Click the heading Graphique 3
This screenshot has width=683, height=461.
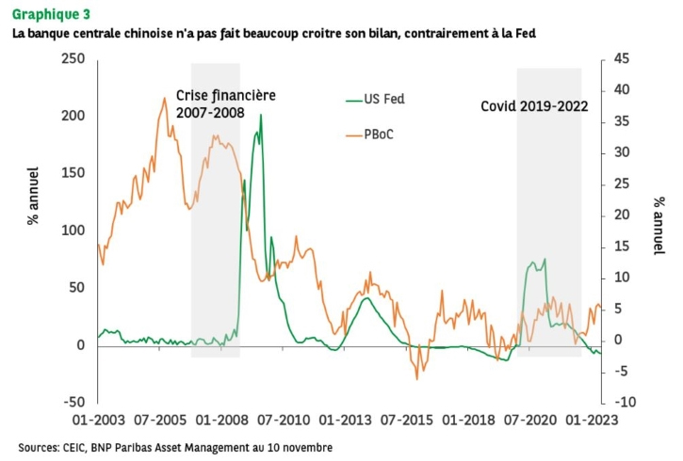[52, 13]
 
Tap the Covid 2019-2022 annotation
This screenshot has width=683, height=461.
[534, 106]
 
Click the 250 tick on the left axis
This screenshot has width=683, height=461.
[73, 58]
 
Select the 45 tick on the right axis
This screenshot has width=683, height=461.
[612, 58]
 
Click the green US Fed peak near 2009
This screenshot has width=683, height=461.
[261, 115]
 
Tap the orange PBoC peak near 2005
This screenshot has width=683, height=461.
[165, 98]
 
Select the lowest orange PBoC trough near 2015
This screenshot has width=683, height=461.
[416, 378]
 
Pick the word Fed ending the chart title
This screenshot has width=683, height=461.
[530, 34]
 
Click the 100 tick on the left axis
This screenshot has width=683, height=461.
[73, 230]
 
